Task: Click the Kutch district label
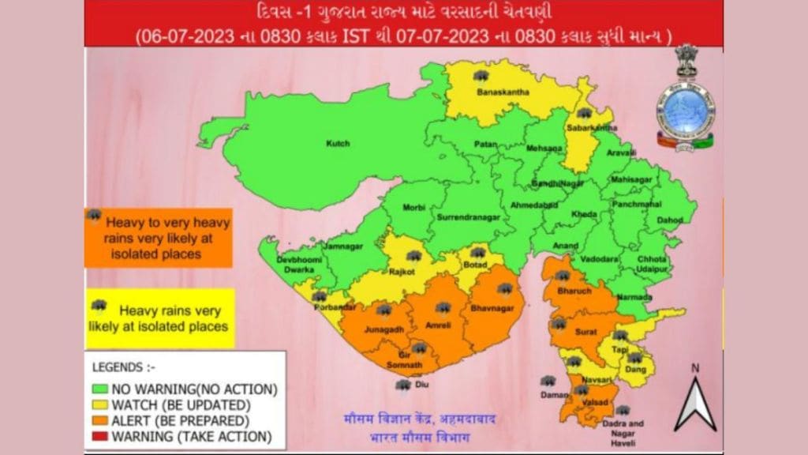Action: tap(338, 144)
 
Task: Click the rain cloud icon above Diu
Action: tap(403, 385)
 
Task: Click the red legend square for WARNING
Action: tap(99, 436)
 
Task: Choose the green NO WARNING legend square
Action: tap(99, 389)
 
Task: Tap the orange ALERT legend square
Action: tap(99, 420)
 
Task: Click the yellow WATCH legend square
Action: tap(99, 404)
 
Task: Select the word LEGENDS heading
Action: tap(119, 367)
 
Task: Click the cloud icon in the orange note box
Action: tap(94, 215)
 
